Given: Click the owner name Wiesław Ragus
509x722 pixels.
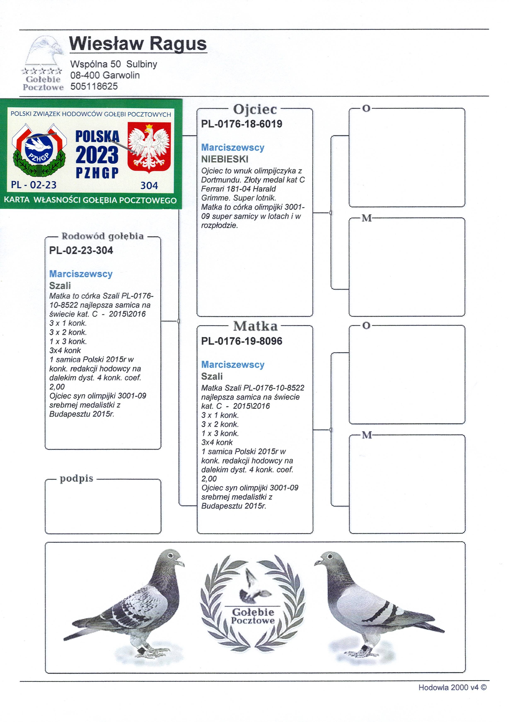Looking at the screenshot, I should point(138,44).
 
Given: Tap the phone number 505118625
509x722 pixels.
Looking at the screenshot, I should point(94,86).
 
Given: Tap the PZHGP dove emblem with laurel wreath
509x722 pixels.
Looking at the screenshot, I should point(39,150).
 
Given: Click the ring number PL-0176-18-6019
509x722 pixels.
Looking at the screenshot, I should point(242,124).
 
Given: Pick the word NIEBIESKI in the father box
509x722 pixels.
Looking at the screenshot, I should point(225,159).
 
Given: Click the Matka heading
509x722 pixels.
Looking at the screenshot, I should point(255,326).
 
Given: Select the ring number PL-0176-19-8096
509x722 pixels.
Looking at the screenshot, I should point(242,341).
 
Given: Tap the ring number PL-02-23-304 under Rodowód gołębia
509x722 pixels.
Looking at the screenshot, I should point(81,251).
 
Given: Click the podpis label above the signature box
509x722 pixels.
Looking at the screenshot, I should point(76,478).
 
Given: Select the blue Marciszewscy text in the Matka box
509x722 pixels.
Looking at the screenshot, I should point(233,365).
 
